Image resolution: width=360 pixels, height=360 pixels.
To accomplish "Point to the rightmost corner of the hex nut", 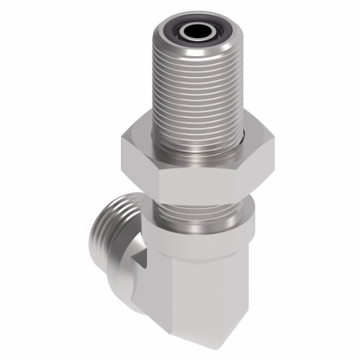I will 274,148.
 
